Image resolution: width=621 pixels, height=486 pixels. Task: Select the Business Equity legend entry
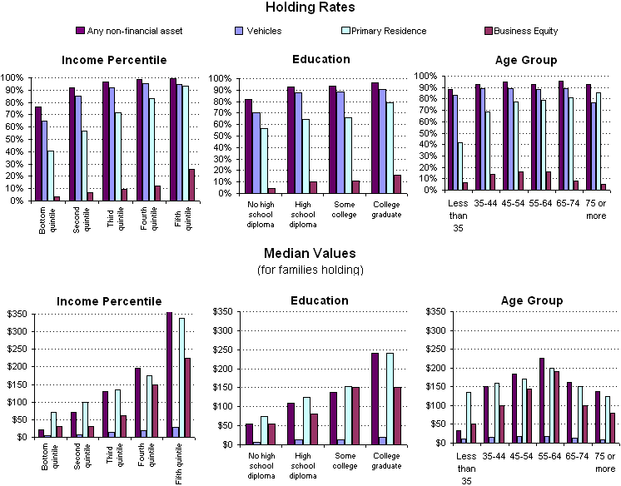(525, 31)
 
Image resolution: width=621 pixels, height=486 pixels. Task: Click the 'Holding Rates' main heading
(310, 7)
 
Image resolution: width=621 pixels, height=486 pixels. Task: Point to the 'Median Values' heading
(310, 253)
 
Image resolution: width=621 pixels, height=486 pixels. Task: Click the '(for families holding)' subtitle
(310, 269)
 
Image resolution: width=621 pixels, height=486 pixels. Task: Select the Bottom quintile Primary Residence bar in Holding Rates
(50, 176)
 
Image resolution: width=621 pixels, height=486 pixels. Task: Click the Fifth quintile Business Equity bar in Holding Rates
(192, 185)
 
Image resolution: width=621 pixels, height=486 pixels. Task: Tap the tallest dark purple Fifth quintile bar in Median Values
(170, 374)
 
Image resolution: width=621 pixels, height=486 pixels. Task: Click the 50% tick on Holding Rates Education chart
(221, 136)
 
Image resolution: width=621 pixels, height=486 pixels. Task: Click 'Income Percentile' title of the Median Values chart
(108, 300)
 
